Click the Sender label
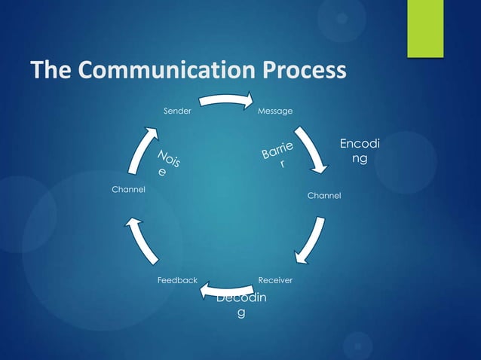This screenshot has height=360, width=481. point(177,111)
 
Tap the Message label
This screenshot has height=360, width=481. point(275,111)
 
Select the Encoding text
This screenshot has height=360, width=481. point(360,151)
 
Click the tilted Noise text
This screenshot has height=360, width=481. point(168,163)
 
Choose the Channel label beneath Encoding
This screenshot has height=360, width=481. point(324,196)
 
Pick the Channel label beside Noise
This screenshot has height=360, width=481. point(128,190)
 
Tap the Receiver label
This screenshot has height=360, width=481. point(275,280)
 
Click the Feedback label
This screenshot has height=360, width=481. point(177,280)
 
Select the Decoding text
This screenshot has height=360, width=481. point(241,305)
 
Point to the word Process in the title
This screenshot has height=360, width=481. point(305,70)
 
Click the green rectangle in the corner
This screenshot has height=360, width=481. point(425,28)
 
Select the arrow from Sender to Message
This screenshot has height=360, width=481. point(226,99)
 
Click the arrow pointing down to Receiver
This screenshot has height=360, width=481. point(312,240)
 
